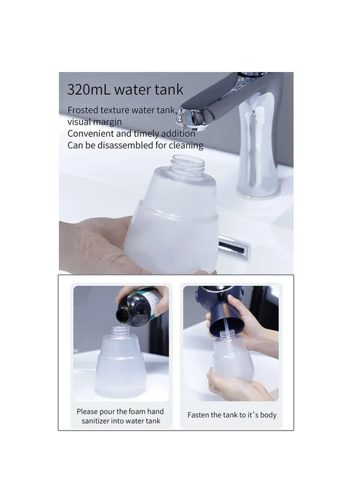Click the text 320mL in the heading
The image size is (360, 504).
tap(88, 90)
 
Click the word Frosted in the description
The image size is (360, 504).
tap(82, 110)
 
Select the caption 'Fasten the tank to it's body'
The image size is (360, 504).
tap(232, 415)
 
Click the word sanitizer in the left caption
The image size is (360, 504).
tap(95, 421)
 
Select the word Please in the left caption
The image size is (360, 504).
tap(87, 411)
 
